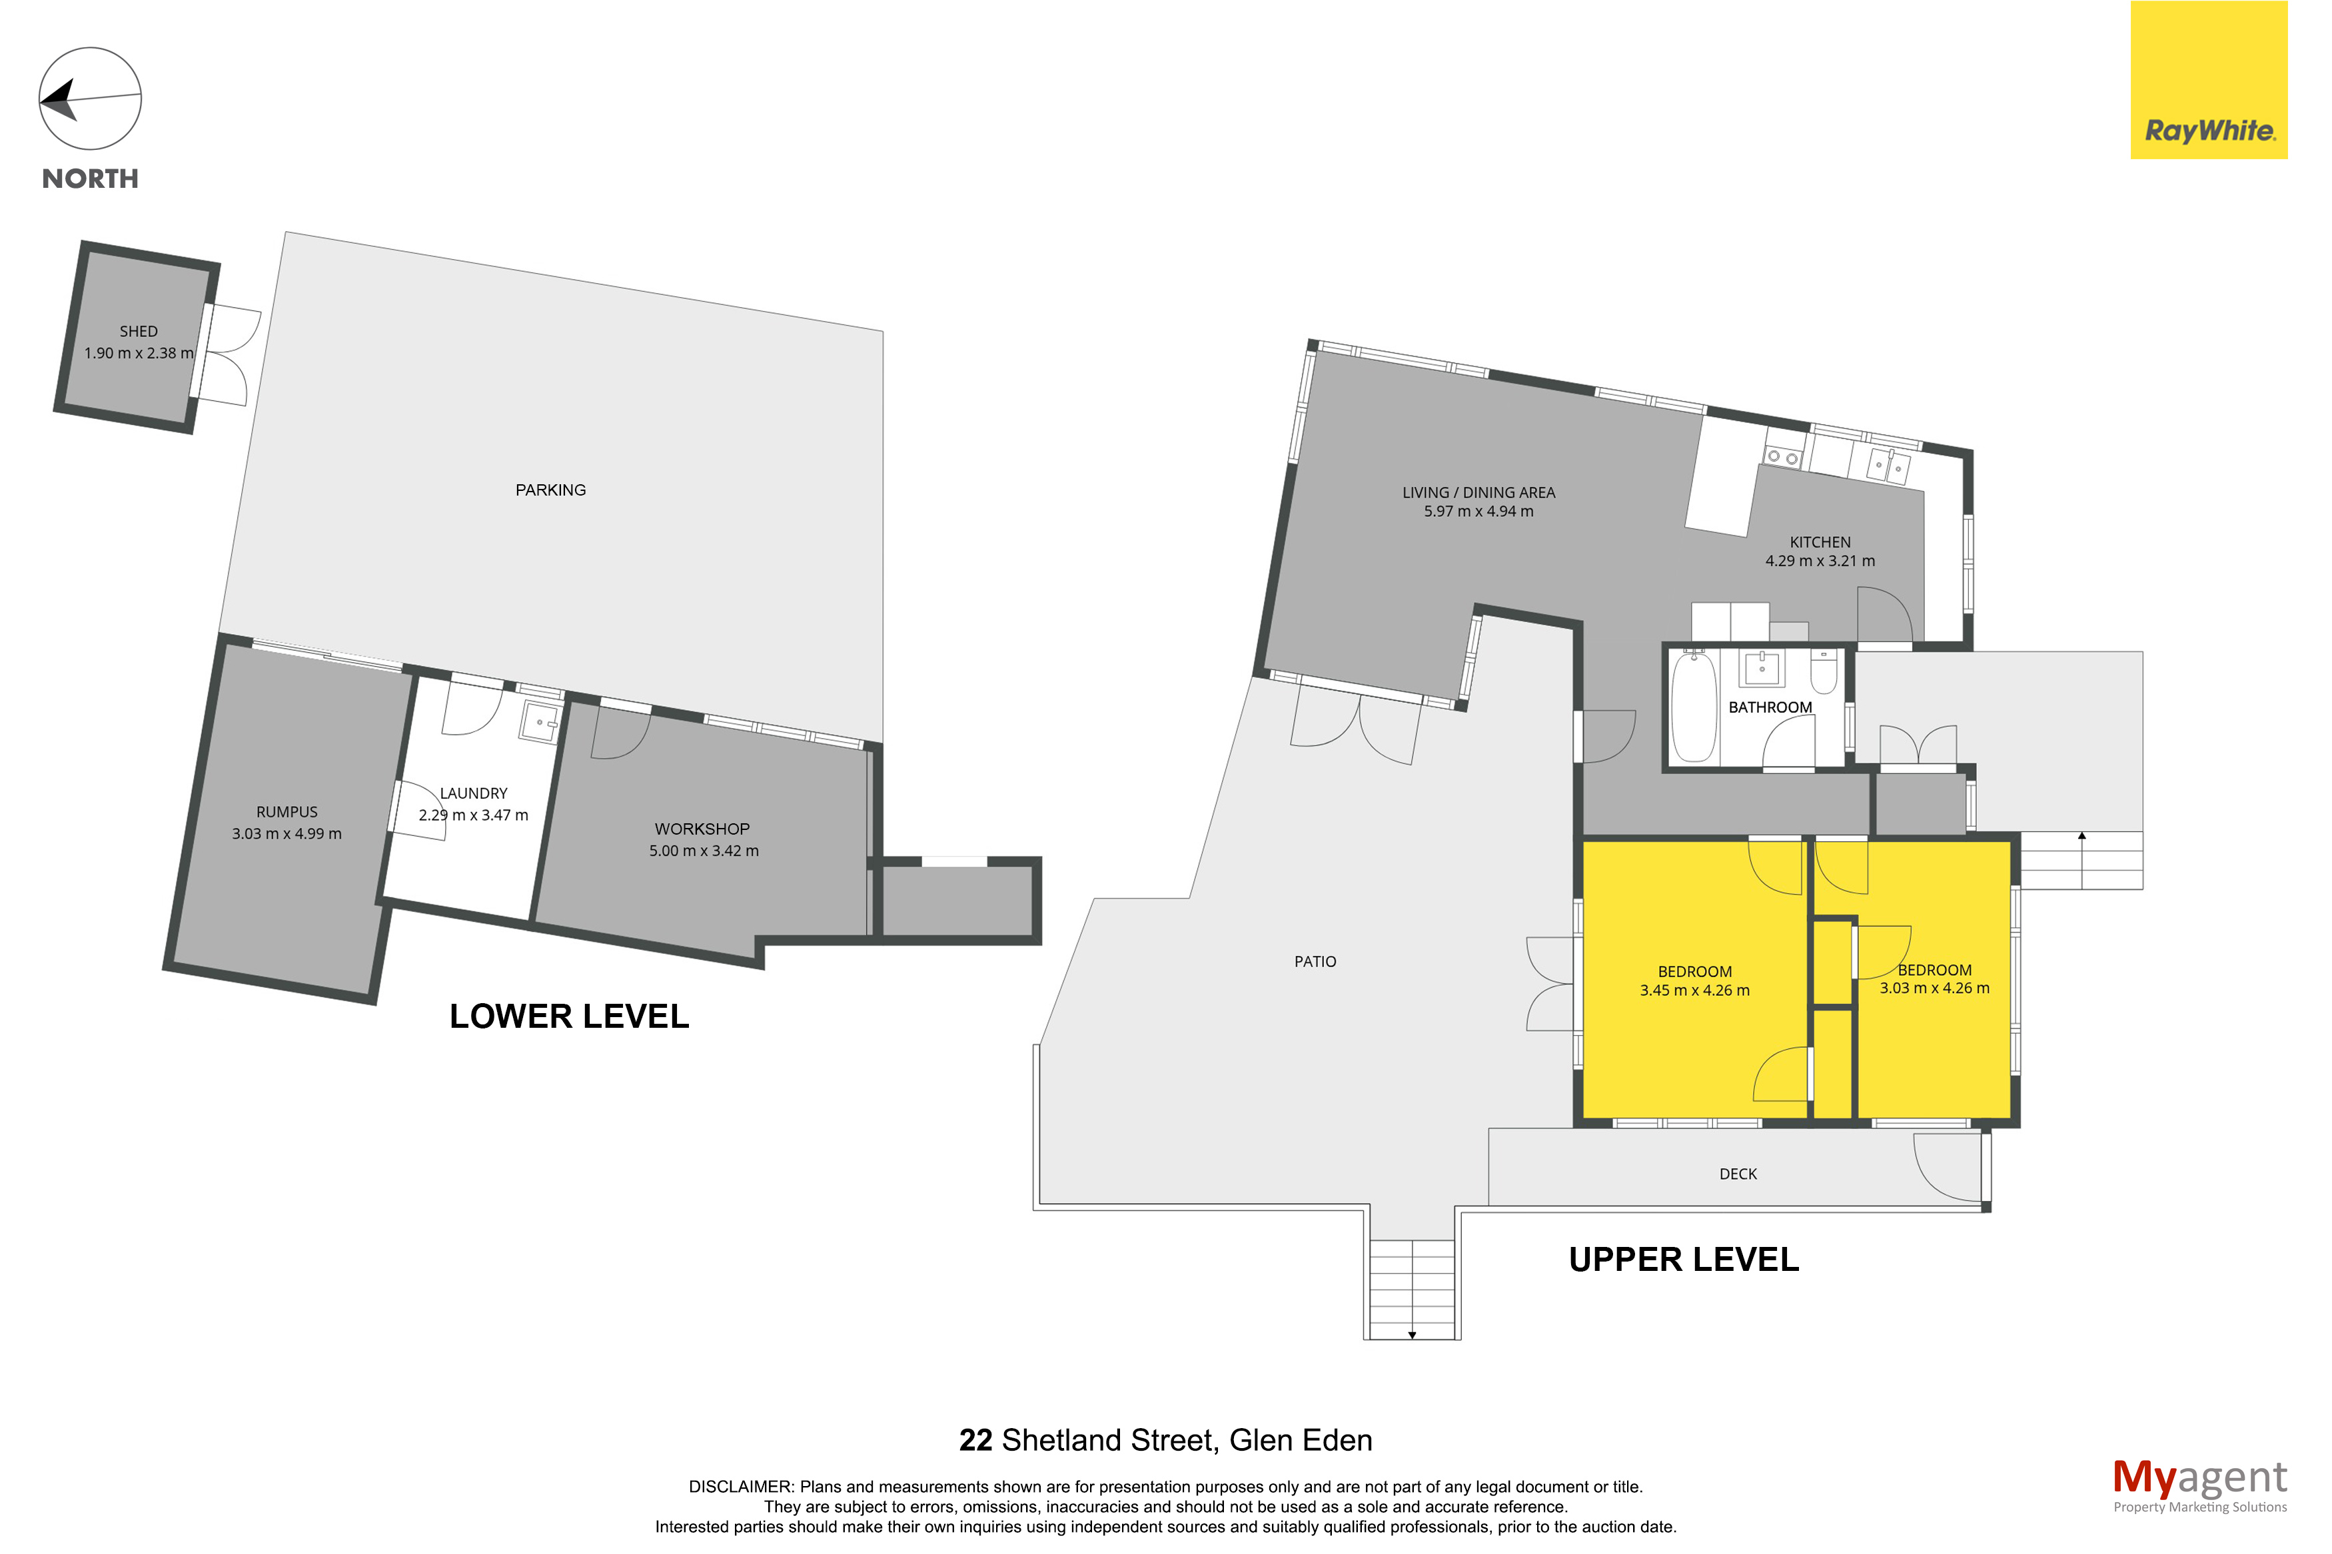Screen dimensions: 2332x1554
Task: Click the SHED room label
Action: tap(139, 332)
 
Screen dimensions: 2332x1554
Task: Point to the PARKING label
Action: tap(550, 490)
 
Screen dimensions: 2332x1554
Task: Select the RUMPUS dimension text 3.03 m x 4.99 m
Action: tap(287, 833)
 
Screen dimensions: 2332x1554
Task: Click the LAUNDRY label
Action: tap(474, 793)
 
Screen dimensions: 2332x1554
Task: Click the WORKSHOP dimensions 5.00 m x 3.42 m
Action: tap(704, 851)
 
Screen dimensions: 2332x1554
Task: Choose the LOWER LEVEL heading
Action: tap(569, 1016)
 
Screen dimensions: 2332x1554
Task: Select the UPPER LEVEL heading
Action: tap(1684, 1259)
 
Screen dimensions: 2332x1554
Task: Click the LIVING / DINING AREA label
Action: tap(1478, 492)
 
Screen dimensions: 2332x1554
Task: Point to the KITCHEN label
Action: tap(1820, 542)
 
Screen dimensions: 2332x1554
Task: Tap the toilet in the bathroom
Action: tap(1824, 670)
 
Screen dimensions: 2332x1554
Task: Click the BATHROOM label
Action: tap(1770, 707)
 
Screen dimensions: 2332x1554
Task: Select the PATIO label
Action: tap(1315, 961)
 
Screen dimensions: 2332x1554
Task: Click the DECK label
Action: tap(1738, 1174)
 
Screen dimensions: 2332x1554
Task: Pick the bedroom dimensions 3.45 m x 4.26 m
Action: tap(1695, 990)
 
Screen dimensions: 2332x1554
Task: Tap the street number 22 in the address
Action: tap(975, 1440)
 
